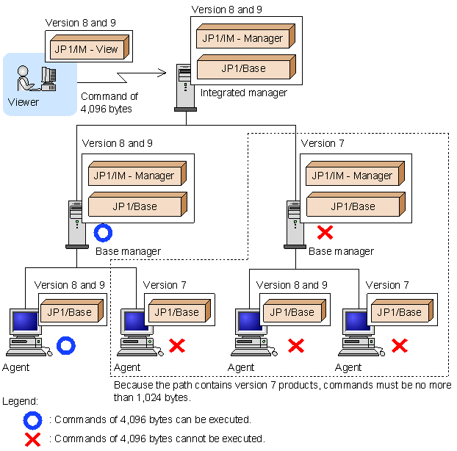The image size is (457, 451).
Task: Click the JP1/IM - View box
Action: point(90,47)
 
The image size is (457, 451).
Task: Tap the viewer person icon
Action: point(24,78)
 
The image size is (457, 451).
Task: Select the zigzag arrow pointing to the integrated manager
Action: point(121,76)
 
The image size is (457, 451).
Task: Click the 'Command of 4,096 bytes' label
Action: point(109,103)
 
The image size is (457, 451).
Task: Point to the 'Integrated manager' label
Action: point(244,93)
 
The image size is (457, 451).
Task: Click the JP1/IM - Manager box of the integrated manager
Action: point(245,36)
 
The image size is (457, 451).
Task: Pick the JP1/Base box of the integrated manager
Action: point(246,67)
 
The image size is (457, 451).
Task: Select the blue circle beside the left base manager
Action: point(103,233)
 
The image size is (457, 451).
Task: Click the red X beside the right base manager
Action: point(325,233)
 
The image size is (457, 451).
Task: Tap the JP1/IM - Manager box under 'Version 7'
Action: point(355,173)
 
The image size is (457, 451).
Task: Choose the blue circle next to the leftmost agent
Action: point(66,345)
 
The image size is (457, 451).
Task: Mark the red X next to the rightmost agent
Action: point(400,346)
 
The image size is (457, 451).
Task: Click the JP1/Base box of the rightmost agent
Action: point(402,311)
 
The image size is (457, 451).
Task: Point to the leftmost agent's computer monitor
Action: point(25,322)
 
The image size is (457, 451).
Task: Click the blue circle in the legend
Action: point(32,420)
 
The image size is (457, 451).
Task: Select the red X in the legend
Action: point(32,440)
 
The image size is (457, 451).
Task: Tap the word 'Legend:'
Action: point(20,402)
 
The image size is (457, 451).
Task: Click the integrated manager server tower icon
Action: point(185,87)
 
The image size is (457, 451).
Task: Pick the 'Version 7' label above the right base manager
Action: point(323,143)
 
